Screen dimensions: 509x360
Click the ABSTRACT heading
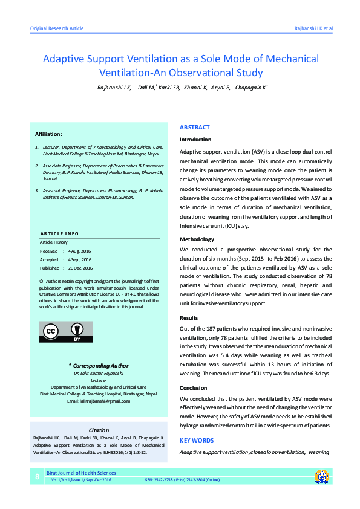195,128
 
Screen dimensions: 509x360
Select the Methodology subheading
197,240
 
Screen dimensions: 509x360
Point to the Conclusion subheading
194,388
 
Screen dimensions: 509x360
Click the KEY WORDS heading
197,441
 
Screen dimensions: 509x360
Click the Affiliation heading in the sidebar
48,134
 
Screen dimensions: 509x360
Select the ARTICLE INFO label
59,233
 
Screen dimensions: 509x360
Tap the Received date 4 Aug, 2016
79,251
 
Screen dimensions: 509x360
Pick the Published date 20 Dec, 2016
80,268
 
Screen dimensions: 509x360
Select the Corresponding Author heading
99,365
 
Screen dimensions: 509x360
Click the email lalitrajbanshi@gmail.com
99,401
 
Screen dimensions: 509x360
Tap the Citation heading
98,429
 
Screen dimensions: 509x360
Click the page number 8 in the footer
37,477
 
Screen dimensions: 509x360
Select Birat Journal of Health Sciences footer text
84,472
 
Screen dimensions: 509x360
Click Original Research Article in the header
57,29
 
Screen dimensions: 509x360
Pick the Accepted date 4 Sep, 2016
79,259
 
